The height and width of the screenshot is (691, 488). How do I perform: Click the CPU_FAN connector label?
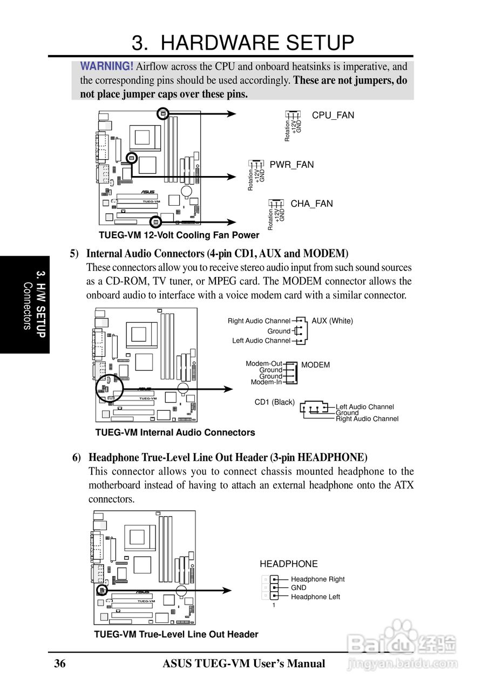point(333,115)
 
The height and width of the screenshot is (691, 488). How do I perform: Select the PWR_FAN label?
point(292,165)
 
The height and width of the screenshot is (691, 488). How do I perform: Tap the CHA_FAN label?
point(311,204)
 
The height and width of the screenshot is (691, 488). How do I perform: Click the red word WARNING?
point(107,66)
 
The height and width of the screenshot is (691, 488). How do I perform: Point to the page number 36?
point(60,663)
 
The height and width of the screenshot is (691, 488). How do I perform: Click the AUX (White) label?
point(332,321)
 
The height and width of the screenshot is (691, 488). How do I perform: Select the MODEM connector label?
point(315,365)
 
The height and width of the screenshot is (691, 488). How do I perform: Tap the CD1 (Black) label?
point(275,402)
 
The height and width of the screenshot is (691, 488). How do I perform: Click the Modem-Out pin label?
point(264,364)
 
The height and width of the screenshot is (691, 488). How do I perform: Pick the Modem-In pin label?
point(266,382)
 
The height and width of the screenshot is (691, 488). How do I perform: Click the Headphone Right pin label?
point(317,579)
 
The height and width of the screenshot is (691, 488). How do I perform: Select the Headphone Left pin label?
point(315,597)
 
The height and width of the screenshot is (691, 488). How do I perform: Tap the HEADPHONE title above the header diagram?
point(289,564)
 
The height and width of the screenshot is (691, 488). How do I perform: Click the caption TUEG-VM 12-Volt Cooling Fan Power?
point(179,235)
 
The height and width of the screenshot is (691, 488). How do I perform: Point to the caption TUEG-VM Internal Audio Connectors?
point(175,432)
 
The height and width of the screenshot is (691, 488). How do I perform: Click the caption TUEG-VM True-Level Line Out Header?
point(176,634)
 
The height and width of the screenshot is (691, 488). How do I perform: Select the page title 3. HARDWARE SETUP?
point(243,43)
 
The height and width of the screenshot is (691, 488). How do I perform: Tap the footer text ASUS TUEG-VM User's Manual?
point(244,663)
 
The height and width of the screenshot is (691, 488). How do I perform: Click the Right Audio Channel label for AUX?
point(259,321)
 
